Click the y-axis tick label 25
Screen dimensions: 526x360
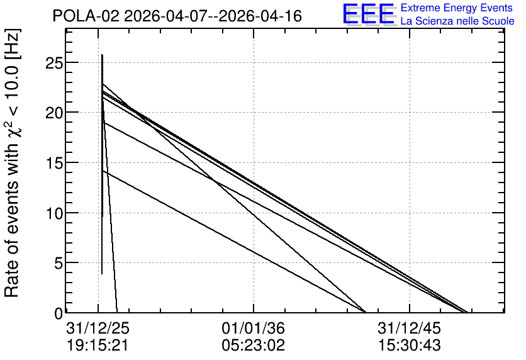53,63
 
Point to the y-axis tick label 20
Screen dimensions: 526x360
53,113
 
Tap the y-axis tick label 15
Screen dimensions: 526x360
53,163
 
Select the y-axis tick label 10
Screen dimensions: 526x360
53,213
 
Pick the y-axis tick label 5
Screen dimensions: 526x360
59,263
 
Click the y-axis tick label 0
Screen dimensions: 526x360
59,313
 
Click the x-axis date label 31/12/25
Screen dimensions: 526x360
98,328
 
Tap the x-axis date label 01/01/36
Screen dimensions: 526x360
254,328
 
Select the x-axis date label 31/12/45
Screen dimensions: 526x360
409,328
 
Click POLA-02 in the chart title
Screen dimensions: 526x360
86,16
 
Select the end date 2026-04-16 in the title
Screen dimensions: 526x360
260,16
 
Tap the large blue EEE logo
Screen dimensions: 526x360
369,14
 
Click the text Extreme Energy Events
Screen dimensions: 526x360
457,8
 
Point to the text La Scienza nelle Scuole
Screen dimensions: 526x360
457,21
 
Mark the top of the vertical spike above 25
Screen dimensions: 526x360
103,55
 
